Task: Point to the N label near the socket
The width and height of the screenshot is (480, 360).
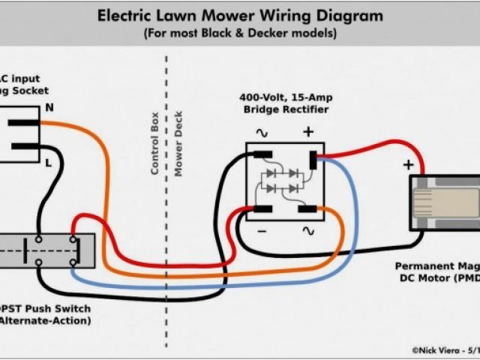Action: point(49,107)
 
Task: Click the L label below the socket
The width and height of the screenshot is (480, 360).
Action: point(48,161)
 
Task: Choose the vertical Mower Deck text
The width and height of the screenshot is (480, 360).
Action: point(178,144)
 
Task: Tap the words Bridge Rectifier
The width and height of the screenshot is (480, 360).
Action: point(286,109)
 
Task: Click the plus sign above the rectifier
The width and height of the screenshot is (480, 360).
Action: point(307,132)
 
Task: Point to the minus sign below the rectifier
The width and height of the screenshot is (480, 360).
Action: point(262,232)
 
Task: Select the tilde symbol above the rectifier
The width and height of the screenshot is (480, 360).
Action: point(262,133)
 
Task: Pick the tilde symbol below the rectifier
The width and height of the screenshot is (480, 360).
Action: point(307,232)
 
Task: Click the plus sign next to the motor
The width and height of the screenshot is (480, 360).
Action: point(408,164)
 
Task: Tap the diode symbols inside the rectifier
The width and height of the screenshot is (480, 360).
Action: point(285,180)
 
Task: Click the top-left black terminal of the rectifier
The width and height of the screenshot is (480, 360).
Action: point(262,155)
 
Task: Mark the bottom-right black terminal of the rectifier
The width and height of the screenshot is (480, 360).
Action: point(307,208)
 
